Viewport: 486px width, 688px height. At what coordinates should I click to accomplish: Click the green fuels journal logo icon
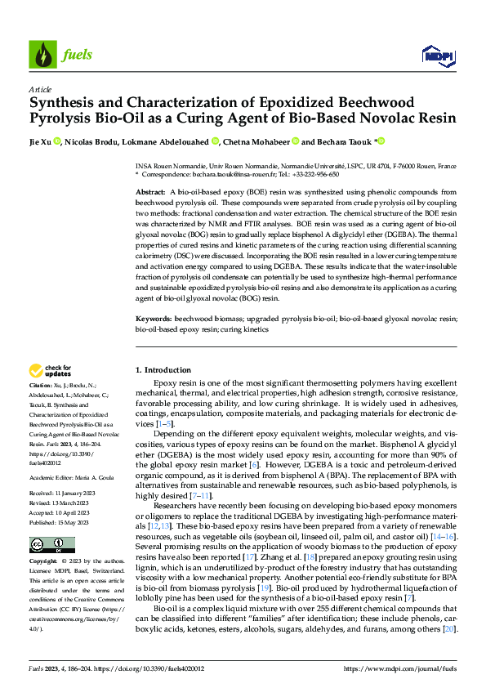(x=42, y=55)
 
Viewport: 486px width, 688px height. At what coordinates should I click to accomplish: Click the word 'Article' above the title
(x=40, y=89)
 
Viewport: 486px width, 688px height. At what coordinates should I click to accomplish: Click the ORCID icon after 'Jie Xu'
(x=57, y=141)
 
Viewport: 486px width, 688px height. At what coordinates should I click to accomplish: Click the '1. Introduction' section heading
(x=163, y=370)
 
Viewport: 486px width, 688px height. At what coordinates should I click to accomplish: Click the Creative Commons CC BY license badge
(x=51, y=521)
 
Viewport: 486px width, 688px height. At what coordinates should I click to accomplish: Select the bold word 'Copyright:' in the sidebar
(x=43, y=539)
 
